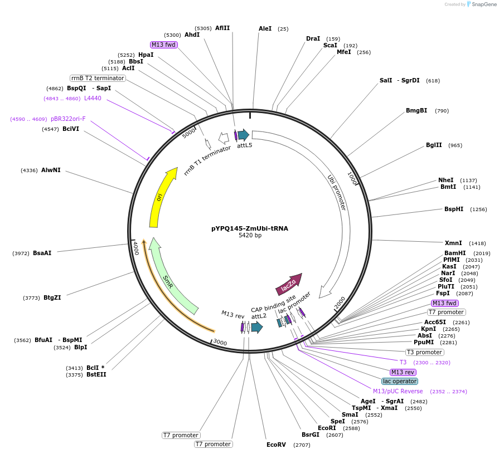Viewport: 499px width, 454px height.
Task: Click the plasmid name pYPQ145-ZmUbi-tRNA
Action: pos(249,228)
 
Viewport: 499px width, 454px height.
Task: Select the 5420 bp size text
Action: pos(249,236)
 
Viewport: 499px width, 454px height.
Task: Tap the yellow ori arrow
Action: pos(160,197)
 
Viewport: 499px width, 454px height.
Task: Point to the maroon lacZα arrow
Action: pos(288,284)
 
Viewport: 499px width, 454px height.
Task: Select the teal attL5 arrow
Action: pos(243,135)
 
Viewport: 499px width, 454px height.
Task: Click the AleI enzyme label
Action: pos(265,28)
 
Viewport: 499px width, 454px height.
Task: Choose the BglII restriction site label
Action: pos(434,145)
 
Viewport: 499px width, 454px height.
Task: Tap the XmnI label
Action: pos(453,243)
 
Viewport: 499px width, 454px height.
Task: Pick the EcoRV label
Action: pos(276,445)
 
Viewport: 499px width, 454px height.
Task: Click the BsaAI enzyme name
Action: pos(42,253)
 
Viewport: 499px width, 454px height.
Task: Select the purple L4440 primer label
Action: pos(93,99)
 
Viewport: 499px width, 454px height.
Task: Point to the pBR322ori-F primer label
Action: pos(68,119)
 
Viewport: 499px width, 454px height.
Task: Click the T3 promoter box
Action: pos(424,352)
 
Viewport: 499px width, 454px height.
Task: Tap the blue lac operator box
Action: pos(399,381)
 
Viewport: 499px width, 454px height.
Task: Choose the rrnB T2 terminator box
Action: pos(98,78)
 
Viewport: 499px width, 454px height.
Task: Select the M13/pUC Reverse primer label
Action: pos(398,391)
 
